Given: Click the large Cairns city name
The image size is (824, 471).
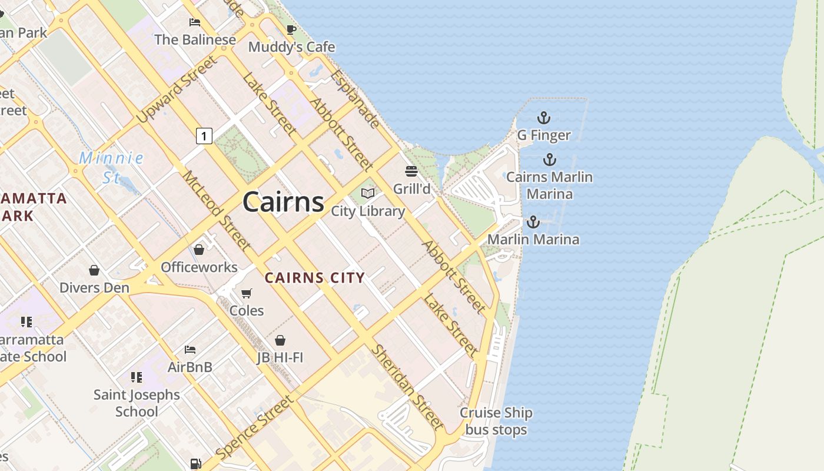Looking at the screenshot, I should tap(283, 202).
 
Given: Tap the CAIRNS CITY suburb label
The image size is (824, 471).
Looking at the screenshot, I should tap(314, 278).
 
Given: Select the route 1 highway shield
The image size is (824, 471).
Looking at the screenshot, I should tap(204, 136).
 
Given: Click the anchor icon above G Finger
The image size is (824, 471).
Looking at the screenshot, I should tap(544, 118).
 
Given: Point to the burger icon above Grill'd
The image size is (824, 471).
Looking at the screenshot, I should tap(411, 171).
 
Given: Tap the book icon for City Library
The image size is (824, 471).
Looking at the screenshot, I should tap(368, 193).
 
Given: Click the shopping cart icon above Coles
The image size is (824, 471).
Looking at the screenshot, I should tap(247, 293).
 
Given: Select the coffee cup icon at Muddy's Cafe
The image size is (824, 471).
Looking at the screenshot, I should tap(291, 29).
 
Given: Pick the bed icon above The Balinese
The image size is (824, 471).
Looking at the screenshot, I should tap(195, 22).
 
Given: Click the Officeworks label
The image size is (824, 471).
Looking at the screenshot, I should tap(199, 267).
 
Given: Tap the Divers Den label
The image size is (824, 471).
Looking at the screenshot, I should tap(94, 288).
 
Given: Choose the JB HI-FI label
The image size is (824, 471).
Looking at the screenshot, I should tap(280, 357).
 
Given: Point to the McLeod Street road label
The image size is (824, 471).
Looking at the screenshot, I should tap(216, 210).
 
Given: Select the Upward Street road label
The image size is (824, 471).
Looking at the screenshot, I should tap(177, 89).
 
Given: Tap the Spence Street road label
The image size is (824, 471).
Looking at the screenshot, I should tap(254, 428).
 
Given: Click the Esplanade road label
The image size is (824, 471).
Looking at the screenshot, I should tap(355, 98).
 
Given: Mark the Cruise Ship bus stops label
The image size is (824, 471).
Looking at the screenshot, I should tap(496, 421).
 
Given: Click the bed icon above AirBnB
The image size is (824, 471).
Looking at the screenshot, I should tap(190, 350).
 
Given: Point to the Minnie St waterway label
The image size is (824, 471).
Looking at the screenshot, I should tap(111, 167).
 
